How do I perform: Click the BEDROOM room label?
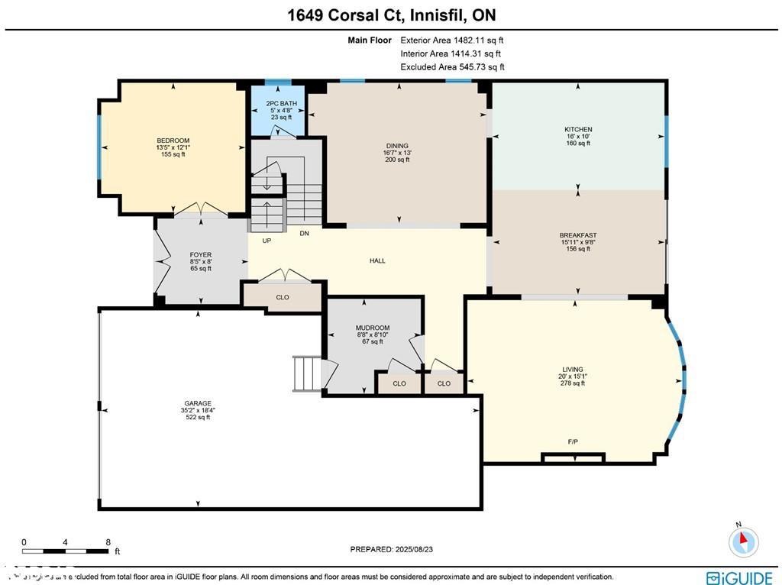[x=173, y=141]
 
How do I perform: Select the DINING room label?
[x=397, y=146]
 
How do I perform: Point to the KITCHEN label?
[x=578, y=130]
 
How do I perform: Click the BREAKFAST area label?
[x=578, y=235]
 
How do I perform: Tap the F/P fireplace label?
[x=573, y=442]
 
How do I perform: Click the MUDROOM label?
[x=373, y=328]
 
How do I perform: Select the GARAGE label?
[x=198, y=403]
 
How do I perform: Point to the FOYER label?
[x=201, y=255]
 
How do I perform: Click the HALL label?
[x=377, y=260]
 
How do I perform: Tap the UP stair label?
[x=267, y=241]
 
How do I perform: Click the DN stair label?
[x=304, y=234]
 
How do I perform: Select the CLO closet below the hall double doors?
[x=283, y=297]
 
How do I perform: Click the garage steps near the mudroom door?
[x=309, y=373]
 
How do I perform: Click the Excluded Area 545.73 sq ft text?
[x=452, y=67]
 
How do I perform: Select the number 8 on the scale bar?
[x=108, y=541]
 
